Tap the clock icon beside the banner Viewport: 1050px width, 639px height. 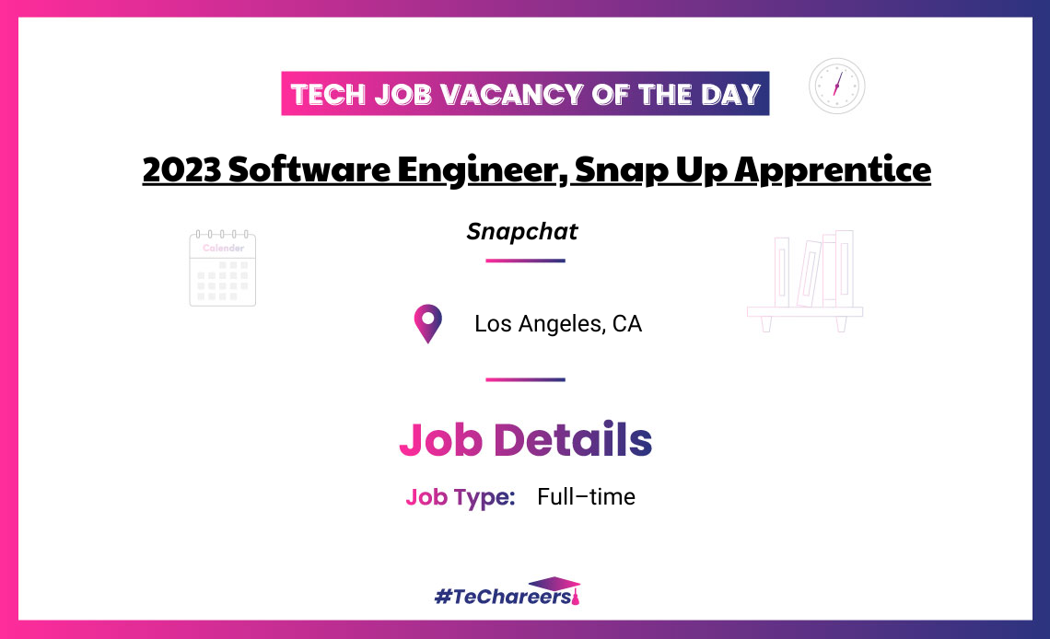point(836,86)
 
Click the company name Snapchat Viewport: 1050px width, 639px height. point(522,231)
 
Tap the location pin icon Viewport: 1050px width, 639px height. point(427,324)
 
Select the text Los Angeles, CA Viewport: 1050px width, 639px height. point(558,324)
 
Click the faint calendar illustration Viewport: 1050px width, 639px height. point(222,268)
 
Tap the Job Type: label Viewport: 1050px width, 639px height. point(460,497)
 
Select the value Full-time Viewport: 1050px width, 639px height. point(587,497)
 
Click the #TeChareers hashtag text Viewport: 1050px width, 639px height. point(502,597)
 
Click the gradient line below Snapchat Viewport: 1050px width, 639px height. point(525,261)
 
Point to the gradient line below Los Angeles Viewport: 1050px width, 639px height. point(525,379)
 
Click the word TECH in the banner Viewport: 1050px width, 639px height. point(331,94)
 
